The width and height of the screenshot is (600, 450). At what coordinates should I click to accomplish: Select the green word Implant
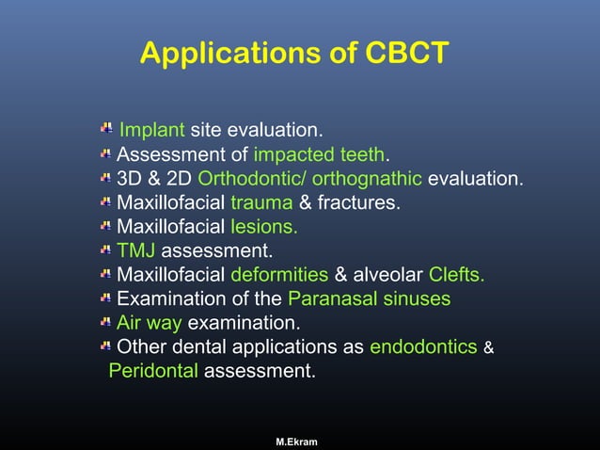click(x=151, y=130)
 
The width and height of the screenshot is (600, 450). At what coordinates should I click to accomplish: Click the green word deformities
click(x=279, y=275)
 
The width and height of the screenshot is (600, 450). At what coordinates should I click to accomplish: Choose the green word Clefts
click(x=457, y=275)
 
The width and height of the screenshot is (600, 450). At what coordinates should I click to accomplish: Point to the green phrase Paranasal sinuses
click(x=369, y=299)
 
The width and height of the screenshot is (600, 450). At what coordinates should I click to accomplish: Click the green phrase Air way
click(x=149, y=324)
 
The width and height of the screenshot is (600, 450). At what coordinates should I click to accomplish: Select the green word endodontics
click(x=423, y=347)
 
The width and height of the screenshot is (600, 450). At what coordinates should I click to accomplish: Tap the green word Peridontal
click(x=153, y=372)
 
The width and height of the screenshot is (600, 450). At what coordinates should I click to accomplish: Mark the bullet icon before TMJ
click(x=106, y=251)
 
